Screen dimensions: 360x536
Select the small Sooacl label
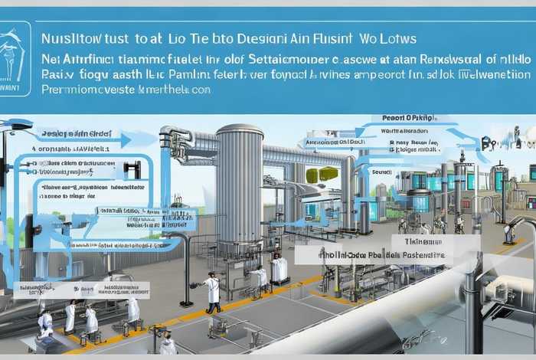(x=381, y=172)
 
